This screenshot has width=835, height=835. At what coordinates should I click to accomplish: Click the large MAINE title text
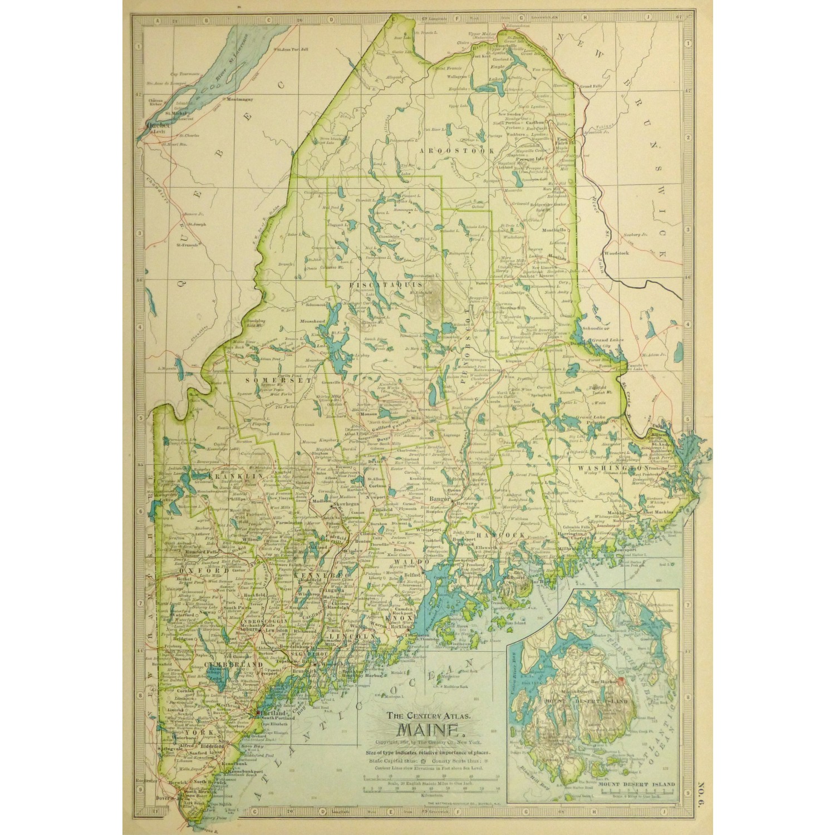426,731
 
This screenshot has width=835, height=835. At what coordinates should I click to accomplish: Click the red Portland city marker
258,712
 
